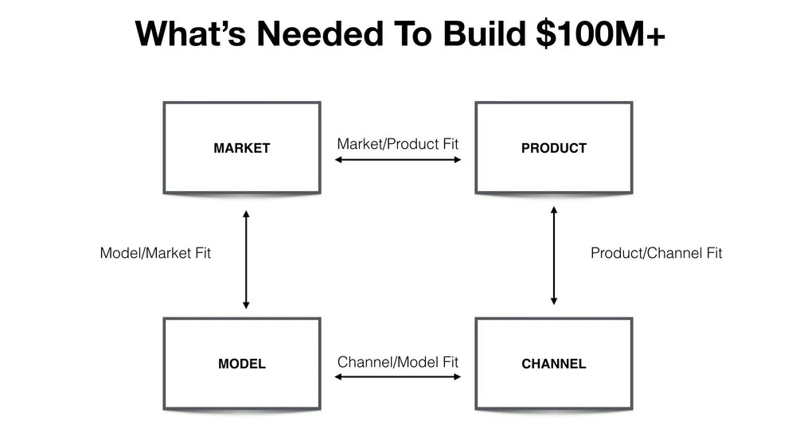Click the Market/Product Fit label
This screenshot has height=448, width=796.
coord(398,144)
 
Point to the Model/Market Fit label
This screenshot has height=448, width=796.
coord(155,254)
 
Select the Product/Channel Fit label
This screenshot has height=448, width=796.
coord(657,254)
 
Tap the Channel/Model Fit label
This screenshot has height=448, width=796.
coord(398,361)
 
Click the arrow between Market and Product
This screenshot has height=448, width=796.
coord(398,160)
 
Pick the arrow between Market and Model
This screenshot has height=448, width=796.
coord(246,259)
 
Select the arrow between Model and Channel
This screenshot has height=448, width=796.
coord(398,376)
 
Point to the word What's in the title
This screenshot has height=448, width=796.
coord(188,34)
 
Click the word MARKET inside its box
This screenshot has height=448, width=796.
coord(242,148)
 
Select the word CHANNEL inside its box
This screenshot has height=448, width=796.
coord(554,364)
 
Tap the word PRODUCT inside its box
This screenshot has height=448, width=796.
coord(554,148)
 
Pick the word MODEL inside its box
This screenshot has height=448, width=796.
coord(242,364)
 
